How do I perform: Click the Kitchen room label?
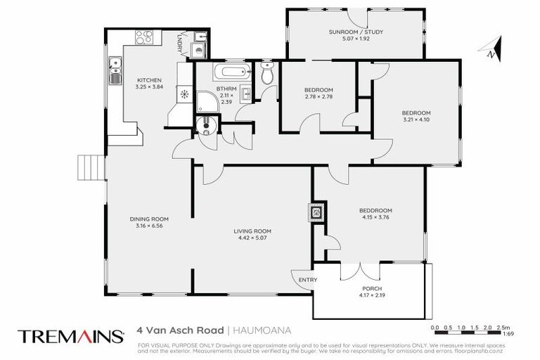(x=148, y=79)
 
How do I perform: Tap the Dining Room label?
(x=148, y=219)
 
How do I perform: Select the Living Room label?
(x=252, y=231)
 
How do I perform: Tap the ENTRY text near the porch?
(x=307, y=281)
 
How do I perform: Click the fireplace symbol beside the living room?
(x=317, y=210)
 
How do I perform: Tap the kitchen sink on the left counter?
(x=114, y=70)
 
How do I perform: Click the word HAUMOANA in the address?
(x=260, y=329)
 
